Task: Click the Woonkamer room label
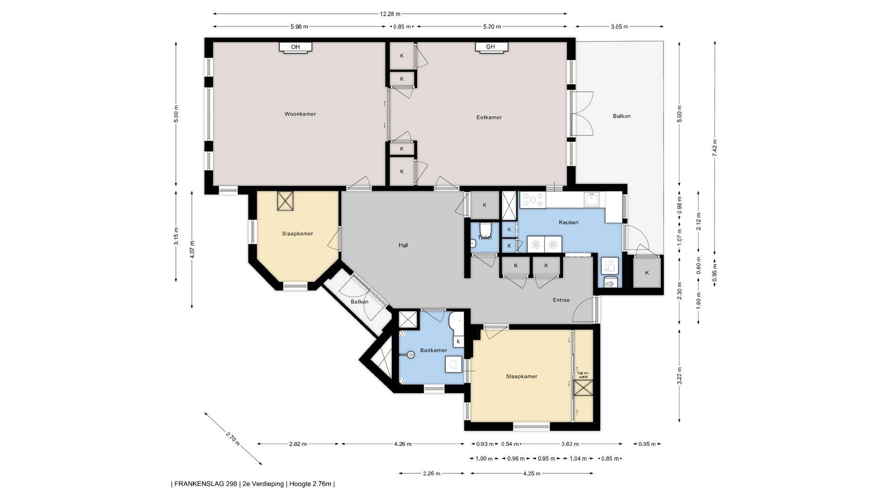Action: (300, 114)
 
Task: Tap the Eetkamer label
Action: (489, 117)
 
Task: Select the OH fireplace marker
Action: (296, 47)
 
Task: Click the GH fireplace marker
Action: (491, 47)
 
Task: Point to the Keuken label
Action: (568, 222)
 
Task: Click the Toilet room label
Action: (485, 237)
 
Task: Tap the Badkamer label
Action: (433, 350)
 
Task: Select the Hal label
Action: (403, 245)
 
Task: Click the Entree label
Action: (561, 300)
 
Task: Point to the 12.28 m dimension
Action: (390, 14)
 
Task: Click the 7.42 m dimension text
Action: (715, 148)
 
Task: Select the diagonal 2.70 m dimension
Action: (233, 438)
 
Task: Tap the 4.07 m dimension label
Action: (192, 249)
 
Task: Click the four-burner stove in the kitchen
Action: (533, 200)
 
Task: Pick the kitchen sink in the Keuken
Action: (592, 200)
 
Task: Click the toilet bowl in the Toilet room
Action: (485, 229)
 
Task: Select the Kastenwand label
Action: (583, 375)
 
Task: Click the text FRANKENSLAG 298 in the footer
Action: (206, 484)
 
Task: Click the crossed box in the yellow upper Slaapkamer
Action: (286, 201)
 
